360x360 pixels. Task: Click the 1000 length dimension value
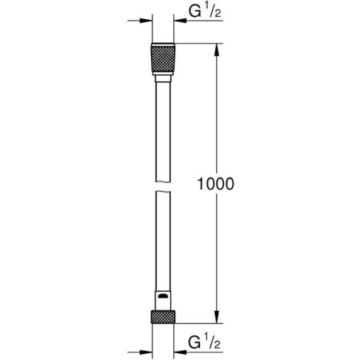(216, 185)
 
